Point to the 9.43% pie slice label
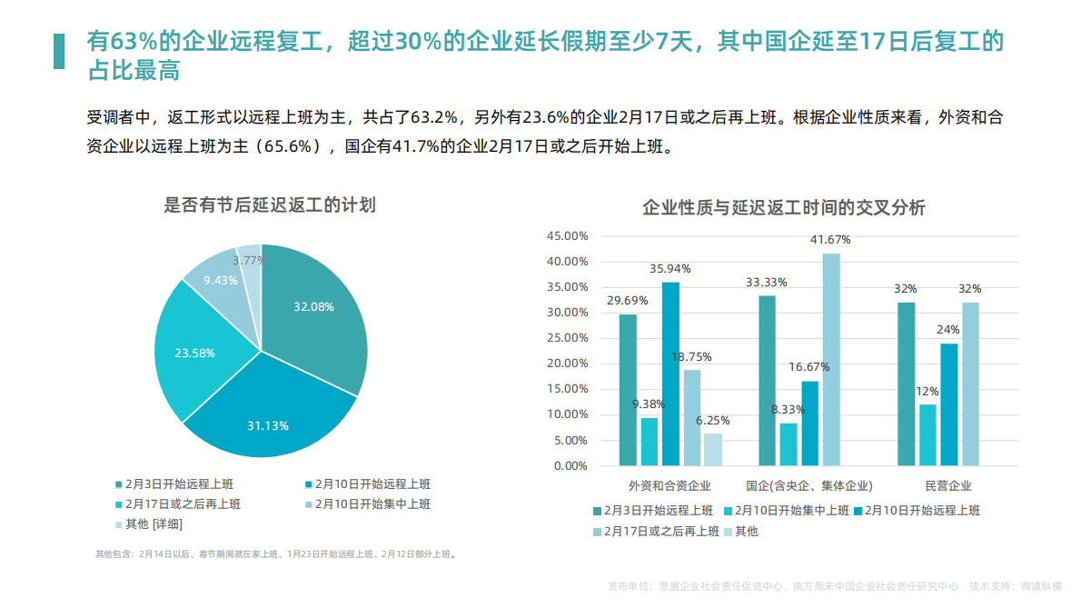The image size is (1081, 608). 220,280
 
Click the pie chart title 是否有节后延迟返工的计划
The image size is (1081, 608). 269,204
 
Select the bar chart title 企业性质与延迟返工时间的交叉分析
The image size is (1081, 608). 783,208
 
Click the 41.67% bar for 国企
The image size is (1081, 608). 831,359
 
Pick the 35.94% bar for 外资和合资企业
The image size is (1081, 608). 670,374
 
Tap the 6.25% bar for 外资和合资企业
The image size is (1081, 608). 713,449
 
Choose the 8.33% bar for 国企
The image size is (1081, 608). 788,444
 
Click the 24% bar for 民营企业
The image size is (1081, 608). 949,404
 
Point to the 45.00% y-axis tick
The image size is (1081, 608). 567,236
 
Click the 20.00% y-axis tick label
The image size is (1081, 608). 567,364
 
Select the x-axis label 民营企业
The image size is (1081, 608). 948,485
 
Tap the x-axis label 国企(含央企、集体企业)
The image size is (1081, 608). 809,485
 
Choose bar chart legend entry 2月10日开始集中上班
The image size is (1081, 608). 791,511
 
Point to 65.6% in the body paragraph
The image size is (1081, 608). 289,146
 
